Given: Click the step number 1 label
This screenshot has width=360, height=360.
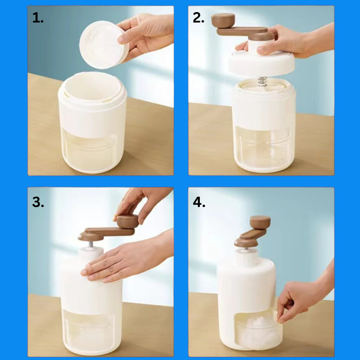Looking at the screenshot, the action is pyautogui.click(x=38, y=18).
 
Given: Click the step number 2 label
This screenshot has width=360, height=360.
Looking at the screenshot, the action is pyautogui.click(x=198, y=18).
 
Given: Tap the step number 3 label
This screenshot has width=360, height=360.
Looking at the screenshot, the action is pyautogui.click(x=38, y=202).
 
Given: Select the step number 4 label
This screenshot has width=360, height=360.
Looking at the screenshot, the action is pyautogui.click(x=199, y=202).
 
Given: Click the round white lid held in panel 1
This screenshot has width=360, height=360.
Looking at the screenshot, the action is pyautogui.click(x=104, y=45).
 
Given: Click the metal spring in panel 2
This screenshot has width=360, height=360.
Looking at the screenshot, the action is pyautogui.click(x=262, y=81).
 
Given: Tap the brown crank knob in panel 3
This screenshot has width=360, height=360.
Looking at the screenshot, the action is pyautogui.click(x=127, y=221).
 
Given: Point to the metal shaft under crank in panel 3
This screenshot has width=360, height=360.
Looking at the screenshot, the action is pyautogui.click(x=91, y=244).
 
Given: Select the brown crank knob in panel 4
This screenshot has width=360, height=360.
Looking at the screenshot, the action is pyautogui.click(x=260, y=222).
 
